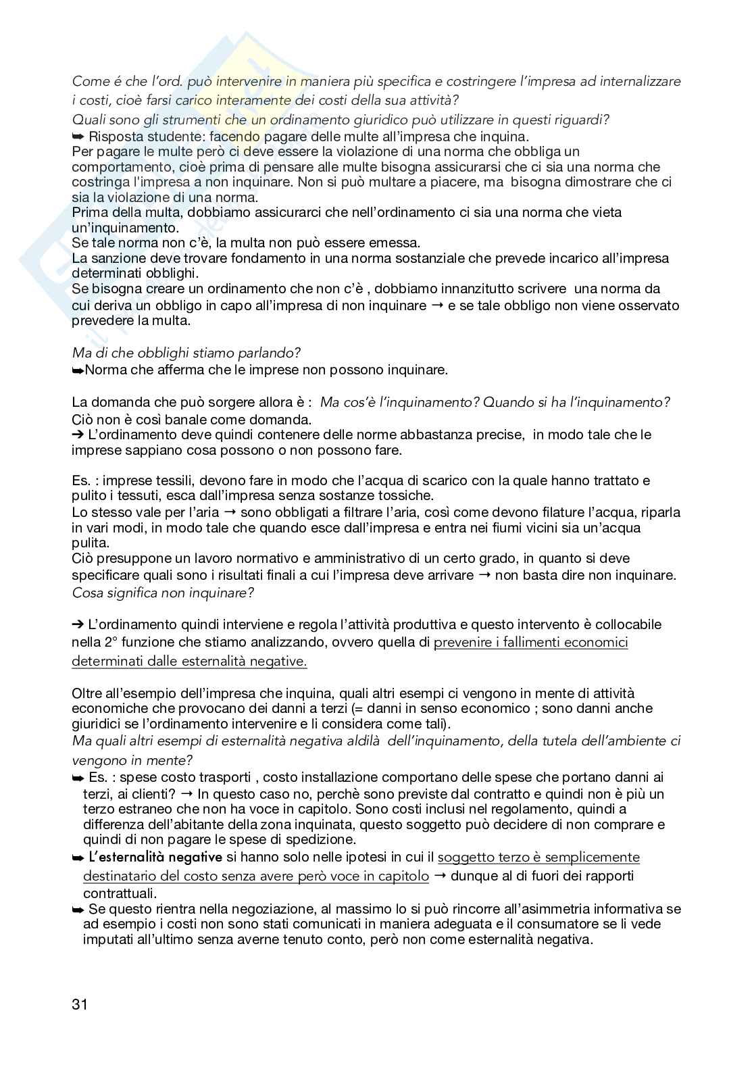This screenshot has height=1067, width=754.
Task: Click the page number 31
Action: click(x=80, y=1004)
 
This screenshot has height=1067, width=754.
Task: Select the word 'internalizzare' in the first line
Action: click(x=638, y=81)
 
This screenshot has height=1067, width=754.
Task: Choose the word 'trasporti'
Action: click(x=223, y=778)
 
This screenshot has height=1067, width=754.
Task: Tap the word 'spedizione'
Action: click(x=324, y=839)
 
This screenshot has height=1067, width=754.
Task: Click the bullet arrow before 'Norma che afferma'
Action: click(x=78, y=370)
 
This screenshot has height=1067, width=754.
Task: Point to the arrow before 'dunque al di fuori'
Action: click(x=439, y=876)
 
